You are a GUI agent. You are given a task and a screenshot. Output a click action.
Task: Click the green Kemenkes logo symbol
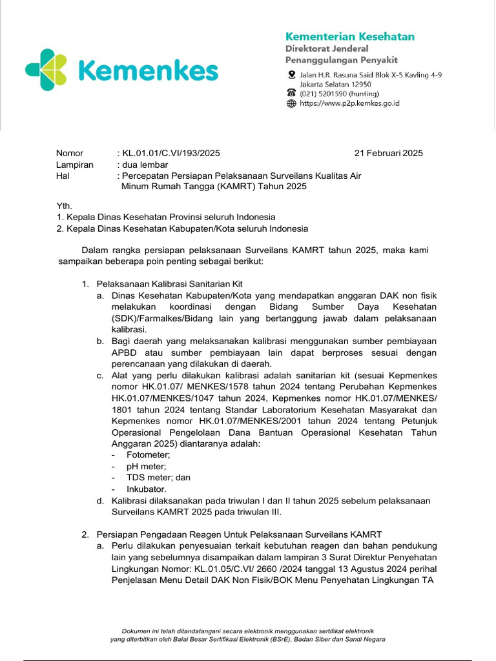[46, 70]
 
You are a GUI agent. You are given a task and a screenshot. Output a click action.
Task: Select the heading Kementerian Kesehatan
[350, 36]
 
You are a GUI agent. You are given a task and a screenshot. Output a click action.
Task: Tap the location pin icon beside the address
[291, 75]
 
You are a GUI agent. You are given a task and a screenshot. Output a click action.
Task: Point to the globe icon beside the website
[291, 103]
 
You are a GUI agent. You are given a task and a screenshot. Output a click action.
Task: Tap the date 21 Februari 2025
[389, 153]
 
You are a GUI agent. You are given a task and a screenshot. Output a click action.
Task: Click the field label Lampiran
[75, 165]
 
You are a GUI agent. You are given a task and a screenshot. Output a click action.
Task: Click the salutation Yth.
[65, 205]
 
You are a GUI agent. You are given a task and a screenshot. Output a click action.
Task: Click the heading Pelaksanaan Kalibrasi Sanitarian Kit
[169, 284]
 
